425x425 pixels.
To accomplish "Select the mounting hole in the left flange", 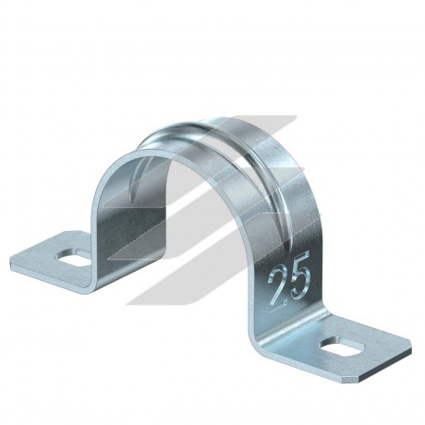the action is pos(73,257).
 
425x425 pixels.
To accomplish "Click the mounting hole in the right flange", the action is pos(342,348).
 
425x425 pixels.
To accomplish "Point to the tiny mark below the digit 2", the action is pos(285,302).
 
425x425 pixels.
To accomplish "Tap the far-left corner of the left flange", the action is pos(11,258).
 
